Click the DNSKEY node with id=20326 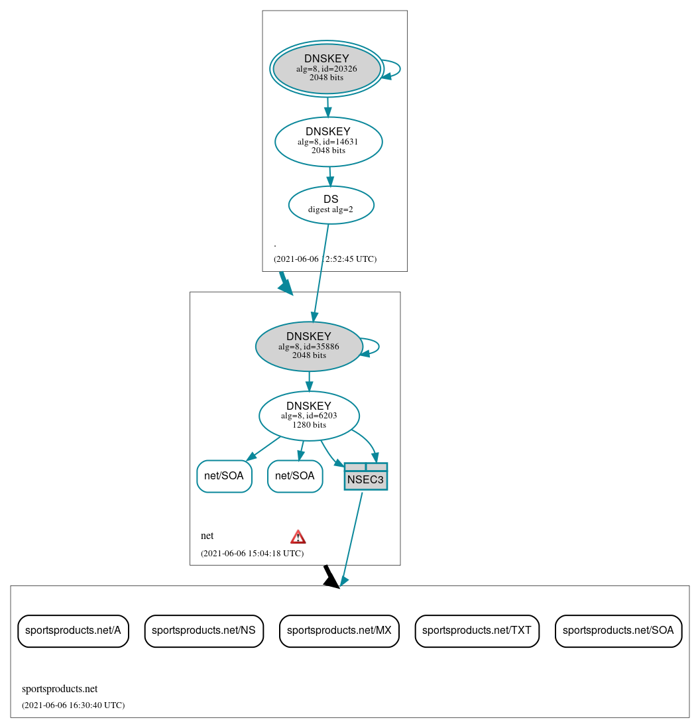(x=327, y=68)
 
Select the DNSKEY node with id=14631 (x=328, y=141)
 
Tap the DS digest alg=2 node (x=331, y=205)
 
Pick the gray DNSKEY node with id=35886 (x=309, y=346)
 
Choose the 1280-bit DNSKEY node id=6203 (x=309, y=416)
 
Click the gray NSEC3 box (x=365, y=477)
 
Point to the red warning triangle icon (x=298, y=537)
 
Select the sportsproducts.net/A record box (x=73, y=631)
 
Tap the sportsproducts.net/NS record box (x=204, y=631)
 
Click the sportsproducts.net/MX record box (x=339, y=631)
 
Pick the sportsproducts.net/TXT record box (x=477, y=631)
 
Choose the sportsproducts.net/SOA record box (x=618, y=631)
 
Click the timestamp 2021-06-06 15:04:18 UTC (x=252, y=553)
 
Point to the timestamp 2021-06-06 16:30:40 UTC (x=73, y=705)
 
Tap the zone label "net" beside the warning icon (x=207, y=536)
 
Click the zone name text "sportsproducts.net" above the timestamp (x=60, y=689)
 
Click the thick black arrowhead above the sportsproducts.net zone (x=330, y=577)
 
